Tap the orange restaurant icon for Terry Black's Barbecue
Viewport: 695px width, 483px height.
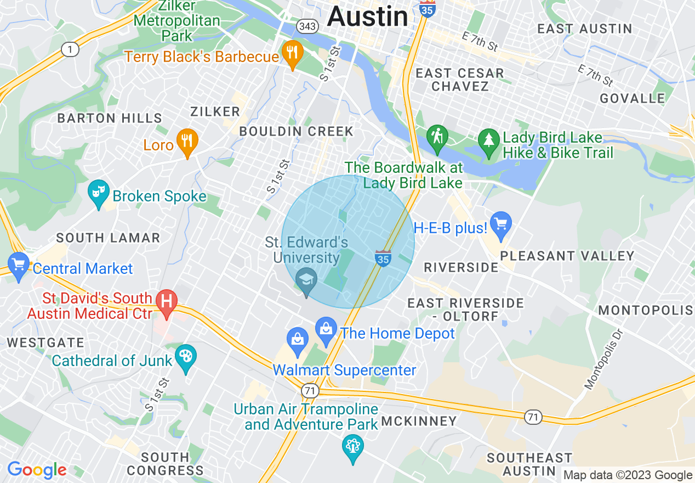tap(292, 53)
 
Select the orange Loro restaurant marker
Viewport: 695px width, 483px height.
tap(187, 142)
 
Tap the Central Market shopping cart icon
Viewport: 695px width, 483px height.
tap(18, 265)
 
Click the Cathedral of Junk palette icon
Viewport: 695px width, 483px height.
tap(186, 357)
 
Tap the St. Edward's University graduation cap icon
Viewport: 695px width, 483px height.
tap(306, 280)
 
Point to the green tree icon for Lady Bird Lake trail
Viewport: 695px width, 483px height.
tap(488, 141)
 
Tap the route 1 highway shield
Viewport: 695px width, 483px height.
tap(70, 50)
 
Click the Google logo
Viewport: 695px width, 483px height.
tap(37, 470)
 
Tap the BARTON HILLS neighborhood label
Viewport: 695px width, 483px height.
tap(110, 118)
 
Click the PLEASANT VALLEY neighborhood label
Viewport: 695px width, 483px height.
tap(567, 256)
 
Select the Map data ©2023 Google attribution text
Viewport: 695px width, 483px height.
tap(628, 475)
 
